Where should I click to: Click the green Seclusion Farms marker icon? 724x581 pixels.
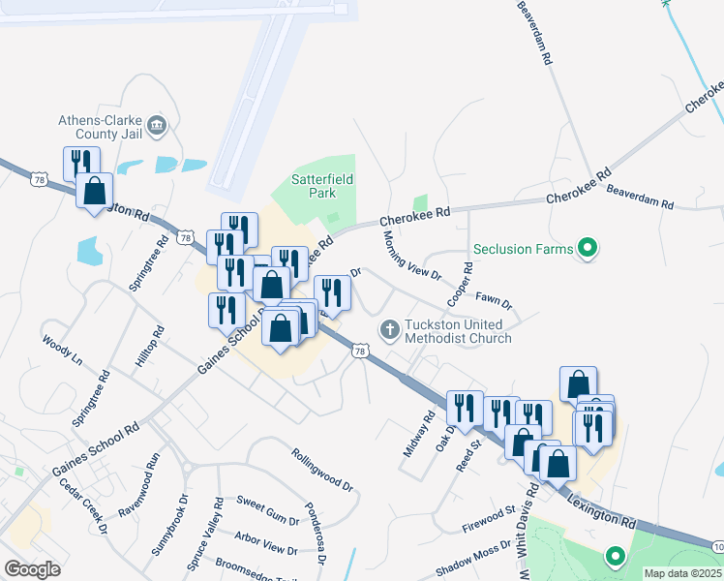click(587, 248)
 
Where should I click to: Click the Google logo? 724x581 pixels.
click(32, 569)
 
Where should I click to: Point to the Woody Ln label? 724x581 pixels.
click(62, 351)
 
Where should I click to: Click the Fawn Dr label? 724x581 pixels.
click(494, 299)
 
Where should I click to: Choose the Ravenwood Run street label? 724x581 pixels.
click(150, 468)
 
